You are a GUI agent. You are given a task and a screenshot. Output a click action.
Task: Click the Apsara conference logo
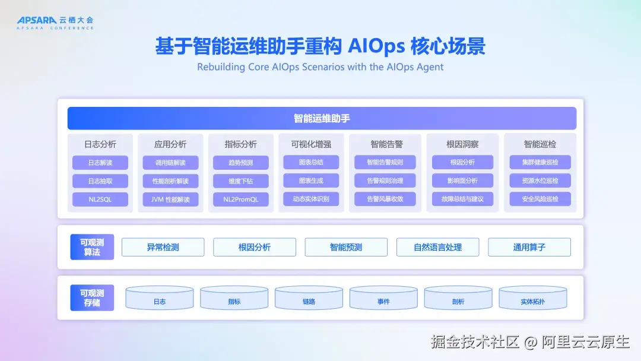(x=55, y=23)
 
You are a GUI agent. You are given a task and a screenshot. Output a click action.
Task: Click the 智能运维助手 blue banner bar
(x=322, y=118)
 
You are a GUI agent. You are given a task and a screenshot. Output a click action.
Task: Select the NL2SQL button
(x=100, y=199)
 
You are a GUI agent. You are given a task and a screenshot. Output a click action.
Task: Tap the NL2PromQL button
(x=241, y=199)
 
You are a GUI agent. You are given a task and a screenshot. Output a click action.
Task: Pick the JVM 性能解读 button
(x=170, y=199)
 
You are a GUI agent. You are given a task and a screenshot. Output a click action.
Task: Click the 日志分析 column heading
(x=100, y=144)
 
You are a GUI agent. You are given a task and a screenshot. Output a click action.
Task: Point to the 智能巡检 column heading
(x=540, y=144)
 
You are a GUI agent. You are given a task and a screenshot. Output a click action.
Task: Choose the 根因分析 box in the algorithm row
(x=254, y=248)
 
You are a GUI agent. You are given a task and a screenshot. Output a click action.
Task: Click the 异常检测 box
(x=163, y=248)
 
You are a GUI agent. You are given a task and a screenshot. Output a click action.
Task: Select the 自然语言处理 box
(x=437, y=248)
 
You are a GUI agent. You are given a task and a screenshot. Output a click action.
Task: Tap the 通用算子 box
(x=529, y=248)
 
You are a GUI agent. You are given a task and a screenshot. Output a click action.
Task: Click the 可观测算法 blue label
(x=92, y=247)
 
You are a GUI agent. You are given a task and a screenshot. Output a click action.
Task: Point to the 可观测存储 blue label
(x=92, y=297)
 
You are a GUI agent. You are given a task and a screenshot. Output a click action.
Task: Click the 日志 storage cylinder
(x=160, y=297)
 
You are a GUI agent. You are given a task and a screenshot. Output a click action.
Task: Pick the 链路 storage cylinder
(x=309, y=297)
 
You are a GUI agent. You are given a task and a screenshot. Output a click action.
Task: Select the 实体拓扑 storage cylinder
(x=532, y=297)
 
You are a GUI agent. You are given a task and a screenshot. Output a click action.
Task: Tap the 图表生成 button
(x=311, y=180)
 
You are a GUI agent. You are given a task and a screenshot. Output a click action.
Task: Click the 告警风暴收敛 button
(x=385, y=199)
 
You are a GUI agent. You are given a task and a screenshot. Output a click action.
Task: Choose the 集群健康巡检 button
(x=540, y=162)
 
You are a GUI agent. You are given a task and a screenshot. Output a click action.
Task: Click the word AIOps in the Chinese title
(x=376, y=46)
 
